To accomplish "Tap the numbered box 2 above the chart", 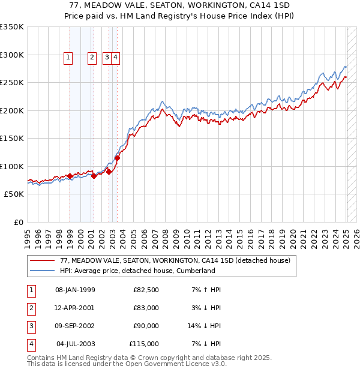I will [92, 58].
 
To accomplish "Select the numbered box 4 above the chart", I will [115, 58].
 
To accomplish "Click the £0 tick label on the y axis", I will [18, 222].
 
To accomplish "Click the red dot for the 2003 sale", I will [118, 158].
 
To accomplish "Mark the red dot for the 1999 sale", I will [70, 176].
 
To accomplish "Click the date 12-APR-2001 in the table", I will [75, 308].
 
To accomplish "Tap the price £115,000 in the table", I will [144, 344].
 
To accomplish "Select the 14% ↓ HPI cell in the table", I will [205, 326].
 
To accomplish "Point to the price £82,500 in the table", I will [146, 290].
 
